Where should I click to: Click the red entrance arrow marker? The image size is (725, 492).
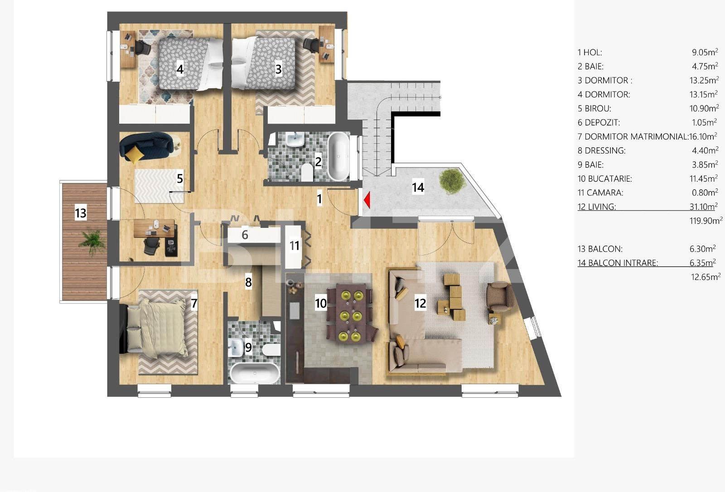[367, 200]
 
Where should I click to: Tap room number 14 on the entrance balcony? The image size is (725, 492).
[418, 187]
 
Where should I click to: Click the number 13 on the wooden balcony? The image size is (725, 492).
[80, 213]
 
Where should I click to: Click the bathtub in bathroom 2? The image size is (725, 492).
[338, 156]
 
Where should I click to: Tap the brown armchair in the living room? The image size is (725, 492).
[500, 297]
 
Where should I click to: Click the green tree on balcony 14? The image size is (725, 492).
[452, 181]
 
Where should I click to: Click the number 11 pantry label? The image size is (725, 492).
[295, 246]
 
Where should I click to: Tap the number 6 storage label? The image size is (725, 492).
[245, 235]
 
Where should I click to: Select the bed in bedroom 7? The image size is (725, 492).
[156, 328]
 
